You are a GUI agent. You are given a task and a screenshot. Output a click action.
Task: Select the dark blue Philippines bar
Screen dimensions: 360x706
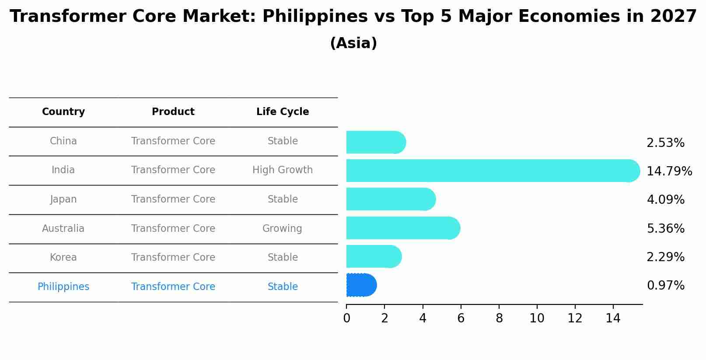(361, 285)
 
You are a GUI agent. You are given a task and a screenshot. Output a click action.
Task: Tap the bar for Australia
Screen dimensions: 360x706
(402, 228)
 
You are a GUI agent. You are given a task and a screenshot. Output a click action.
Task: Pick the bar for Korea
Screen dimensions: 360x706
(374, 256)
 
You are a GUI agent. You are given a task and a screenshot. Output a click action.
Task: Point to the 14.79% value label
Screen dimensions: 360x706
(669, 171)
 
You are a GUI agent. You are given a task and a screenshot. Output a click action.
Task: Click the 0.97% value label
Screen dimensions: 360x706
(665, 286)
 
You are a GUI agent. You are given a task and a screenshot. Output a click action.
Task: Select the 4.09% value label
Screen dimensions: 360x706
(665, 200)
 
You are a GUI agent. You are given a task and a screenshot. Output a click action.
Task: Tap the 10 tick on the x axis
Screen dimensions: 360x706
(537, 318)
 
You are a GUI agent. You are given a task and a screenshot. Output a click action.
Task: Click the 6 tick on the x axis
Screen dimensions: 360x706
(461, 318)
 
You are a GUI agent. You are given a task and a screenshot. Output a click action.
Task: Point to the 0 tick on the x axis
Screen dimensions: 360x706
(346, 318)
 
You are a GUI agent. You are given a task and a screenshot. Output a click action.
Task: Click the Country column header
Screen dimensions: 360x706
(63, 112)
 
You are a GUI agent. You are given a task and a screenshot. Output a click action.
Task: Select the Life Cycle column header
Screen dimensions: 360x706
(283, 112)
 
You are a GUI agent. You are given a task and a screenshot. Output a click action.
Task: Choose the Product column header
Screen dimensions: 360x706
(173, 112)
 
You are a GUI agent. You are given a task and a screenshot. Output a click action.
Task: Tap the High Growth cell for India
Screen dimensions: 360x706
(283, 170)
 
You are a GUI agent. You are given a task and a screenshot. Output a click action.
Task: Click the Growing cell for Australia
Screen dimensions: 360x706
(282, 228)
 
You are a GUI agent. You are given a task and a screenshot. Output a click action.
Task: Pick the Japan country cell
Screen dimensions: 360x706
(63, 199)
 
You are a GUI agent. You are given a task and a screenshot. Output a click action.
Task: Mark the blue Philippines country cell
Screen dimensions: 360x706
(63, 287)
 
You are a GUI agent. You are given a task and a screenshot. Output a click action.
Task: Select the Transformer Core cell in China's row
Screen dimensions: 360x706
(173, 141)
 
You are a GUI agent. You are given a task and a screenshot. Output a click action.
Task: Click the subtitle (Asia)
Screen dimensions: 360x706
(353, 43)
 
